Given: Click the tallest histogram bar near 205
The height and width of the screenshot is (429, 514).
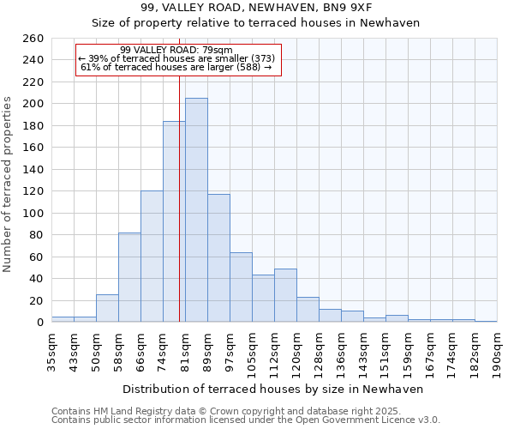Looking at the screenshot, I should (x=196, y=210).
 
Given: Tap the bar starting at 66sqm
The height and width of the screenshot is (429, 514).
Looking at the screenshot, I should (x=152, y=257).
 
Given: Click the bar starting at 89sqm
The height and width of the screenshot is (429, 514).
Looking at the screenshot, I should (x=218, y=258).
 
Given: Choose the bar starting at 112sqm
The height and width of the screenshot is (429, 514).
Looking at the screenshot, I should (x=285, y=295).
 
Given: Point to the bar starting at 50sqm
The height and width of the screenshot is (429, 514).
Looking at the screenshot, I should (x=107, y=308).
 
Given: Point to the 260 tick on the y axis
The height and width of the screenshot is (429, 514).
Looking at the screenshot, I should (x=33, y=39).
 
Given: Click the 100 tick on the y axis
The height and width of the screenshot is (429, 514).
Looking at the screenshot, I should (x=33, y=214).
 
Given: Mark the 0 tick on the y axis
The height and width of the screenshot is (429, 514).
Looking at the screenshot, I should (x=40, y=323).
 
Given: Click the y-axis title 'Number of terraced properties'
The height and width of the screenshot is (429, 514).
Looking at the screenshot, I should (x=8, y=184).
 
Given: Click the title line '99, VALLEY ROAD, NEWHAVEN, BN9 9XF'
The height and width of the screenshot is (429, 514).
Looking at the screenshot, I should (x=256, y=8).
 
